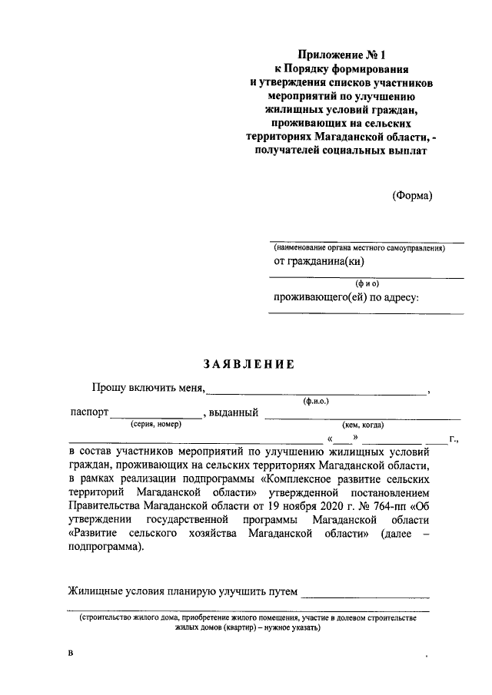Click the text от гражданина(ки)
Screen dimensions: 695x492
tap(319, 261)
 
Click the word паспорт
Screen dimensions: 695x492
tap(88, 413)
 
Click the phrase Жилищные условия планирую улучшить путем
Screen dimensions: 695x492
tap(182, 591)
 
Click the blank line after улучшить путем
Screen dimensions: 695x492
tap(366, 593)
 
